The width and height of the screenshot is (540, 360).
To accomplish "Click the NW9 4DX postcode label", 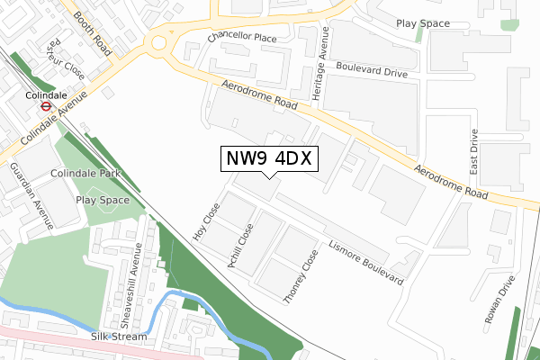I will pyautogui.click(x=268, y=158).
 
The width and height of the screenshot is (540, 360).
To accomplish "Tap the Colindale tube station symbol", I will pyautogui.click(x=42, y=104).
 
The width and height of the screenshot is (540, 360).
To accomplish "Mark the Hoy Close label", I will pyautogui.click(x=206, y=220).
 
